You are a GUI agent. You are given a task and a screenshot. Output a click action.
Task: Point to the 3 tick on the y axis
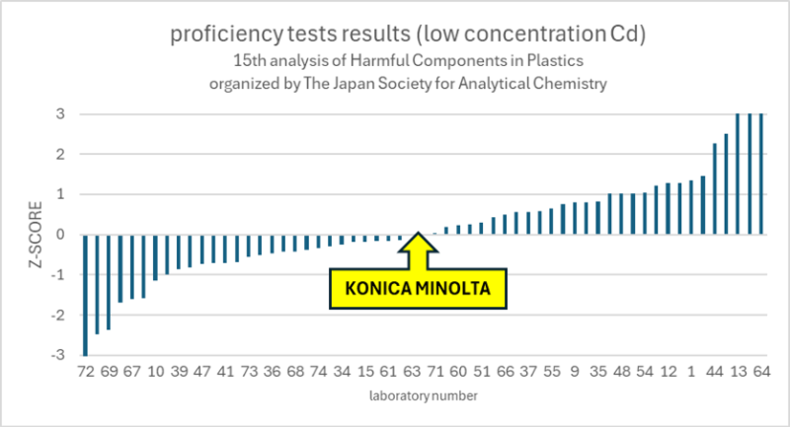[x=61, y=113]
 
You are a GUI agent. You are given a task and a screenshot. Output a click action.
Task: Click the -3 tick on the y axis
[x=58, y=355]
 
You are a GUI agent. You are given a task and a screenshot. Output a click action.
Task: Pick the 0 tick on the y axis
[x=61, y=235]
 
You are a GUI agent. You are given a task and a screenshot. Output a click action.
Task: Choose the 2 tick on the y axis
[x=61, y=154]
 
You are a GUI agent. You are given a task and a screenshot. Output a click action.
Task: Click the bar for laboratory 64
[x=761, y=174]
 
